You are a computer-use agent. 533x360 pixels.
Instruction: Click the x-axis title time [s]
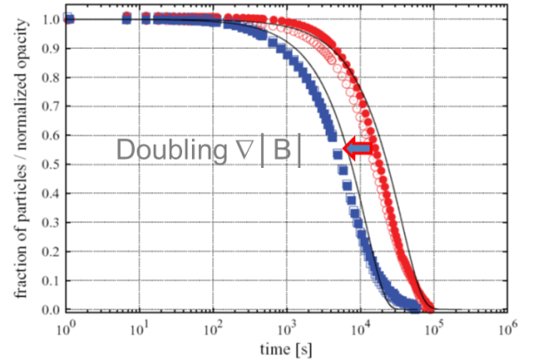click(285, 349)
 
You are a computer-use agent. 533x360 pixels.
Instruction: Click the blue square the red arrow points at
click(337, 154)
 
